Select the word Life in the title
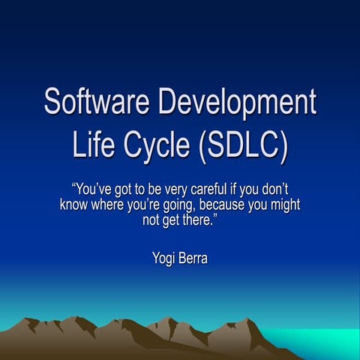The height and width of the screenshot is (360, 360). click(93, 144)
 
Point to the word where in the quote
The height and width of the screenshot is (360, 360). click(111, 205)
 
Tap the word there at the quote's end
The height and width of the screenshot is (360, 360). click(201, 220)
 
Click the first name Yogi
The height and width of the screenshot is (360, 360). click(164, 259)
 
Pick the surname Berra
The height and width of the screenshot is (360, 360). click(198, 259)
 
